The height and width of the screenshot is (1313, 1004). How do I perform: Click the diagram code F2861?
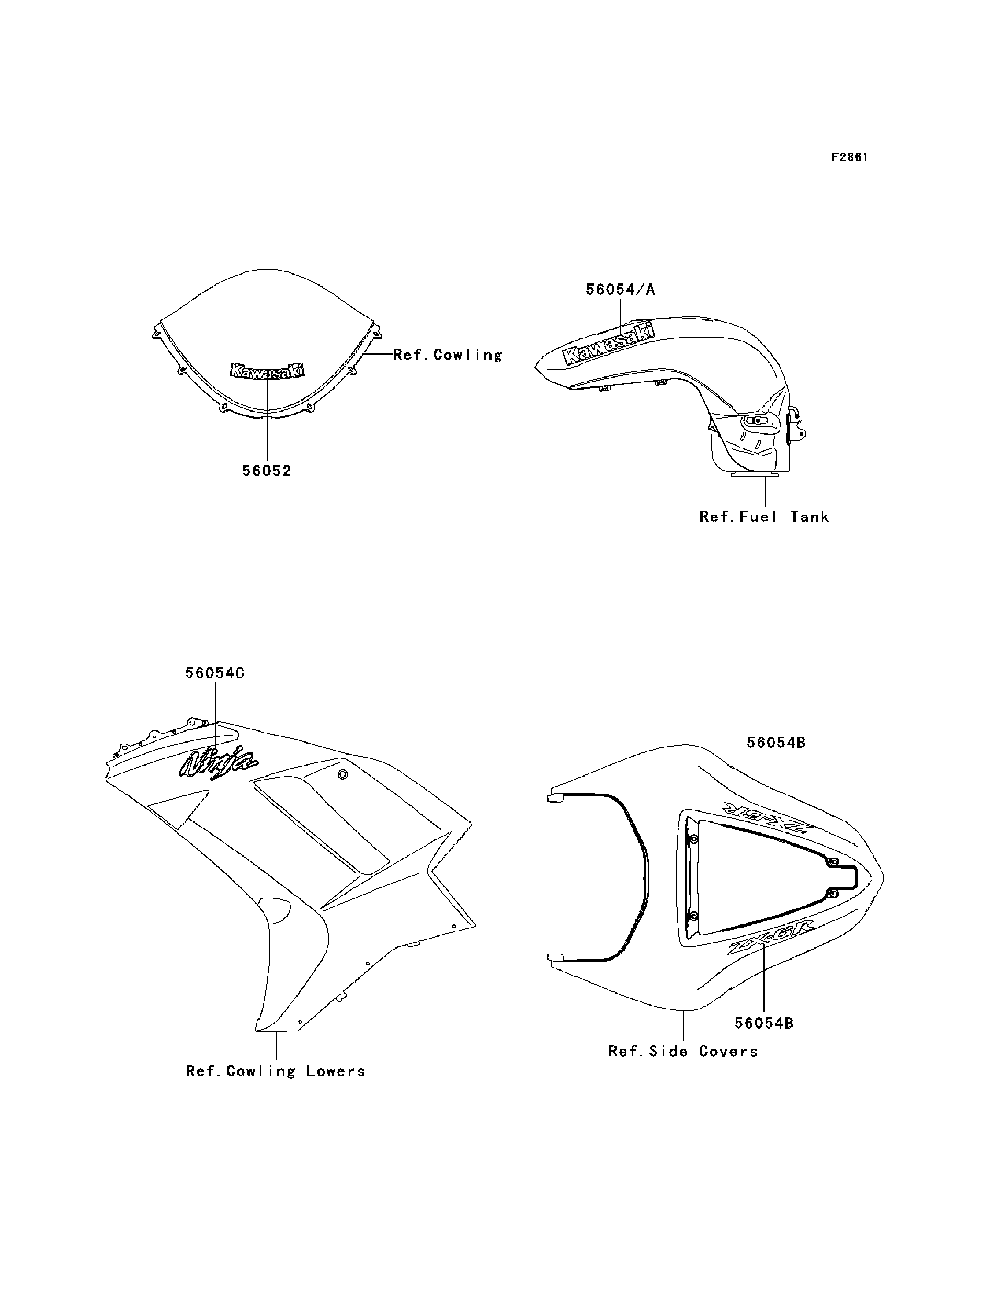coord(849,157)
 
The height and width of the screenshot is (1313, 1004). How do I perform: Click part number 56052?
coord(267,471)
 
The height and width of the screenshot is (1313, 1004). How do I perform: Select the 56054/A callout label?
coord(620,290)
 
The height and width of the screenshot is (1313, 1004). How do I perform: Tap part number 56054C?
coord(214,673)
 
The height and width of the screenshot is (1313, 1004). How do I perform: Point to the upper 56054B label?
coord(775,743)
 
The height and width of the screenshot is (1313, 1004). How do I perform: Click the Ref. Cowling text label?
coord(448,355)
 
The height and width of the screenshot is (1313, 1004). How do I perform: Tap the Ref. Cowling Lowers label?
coord(276,1071)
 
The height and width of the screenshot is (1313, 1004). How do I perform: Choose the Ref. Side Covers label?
coord(683,1051)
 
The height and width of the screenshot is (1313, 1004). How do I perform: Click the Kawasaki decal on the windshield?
coord(267,371)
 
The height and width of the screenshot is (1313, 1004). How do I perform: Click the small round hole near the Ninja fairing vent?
coord(343,775)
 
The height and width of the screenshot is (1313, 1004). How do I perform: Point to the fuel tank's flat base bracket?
coord(754,475)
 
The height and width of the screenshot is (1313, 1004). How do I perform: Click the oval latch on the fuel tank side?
coord(757,421)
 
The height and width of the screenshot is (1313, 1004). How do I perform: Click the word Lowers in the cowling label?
coord(335,1071)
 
